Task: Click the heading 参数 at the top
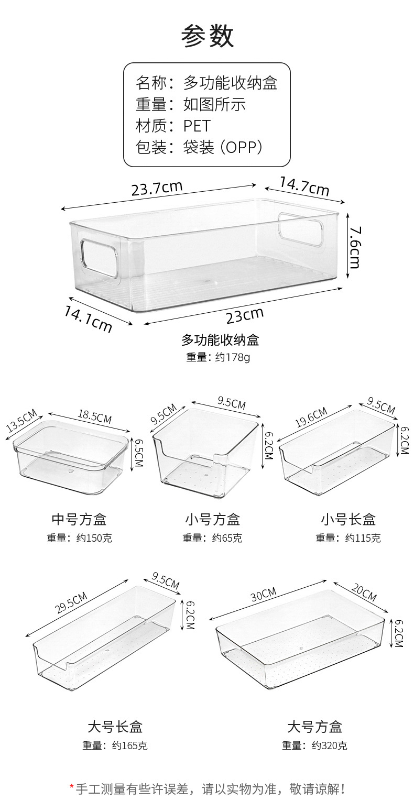coord(207,36)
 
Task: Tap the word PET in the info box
coord(197,126)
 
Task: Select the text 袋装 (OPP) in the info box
coord(223,147)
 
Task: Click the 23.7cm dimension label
coord(157,188)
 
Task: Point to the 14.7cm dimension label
coord(304,186)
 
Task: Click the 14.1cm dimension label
coord(88,319)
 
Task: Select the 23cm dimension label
coord(244,315)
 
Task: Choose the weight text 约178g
coord(233,357)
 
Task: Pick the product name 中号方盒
coord(79,519)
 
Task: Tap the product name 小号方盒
coord(212,519)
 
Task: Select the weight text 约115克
coord(363,538)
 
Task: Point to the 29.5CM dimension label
coord(71,602)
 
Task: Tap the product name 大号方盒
coord(314,727)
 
